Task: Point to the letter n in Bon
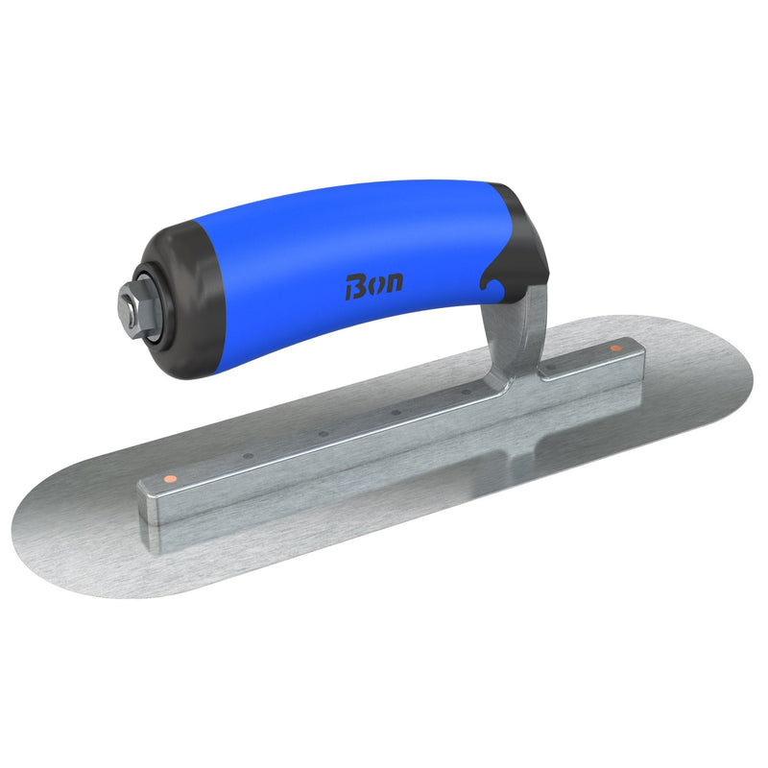coord(394,281)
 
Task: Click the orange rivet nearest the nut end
coord(168,477)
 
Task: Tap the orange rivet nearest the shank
coord(615,348)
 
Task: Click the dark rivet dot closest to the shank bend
coord(467,392)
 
